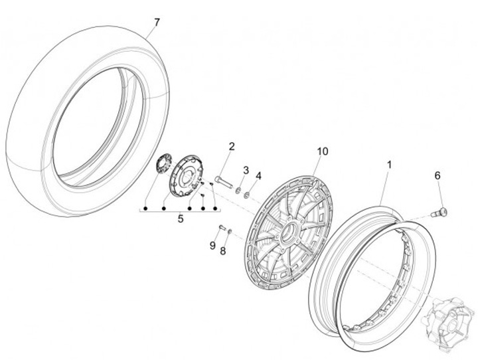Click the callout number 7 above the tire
pyautogui.click(x=157, y=23)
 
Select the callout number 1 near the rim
pyautogui.click(x=390, y=163)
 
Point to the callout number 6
pyautogui.click(x=438, y=175)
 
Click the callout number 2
pyautogui.click(x=232, y=147)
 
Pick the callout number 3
pyautogui.click(x=246, y=171)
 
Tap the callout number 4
pyautogui.click(x=259, y=176)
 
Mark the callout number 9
pyautogui.click(x=212, y=245)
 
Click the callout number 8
pyautogui.click(x=223, y=250)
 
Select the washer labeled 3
pyautogui.click(x=238, y=190)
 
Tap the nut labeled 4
pyautogui.click(x=246, y=195)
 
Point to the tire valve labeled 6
pyautogui.click(x=439, y=213)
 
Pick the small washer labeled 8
pyautogui.click(x=229, y=231)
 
